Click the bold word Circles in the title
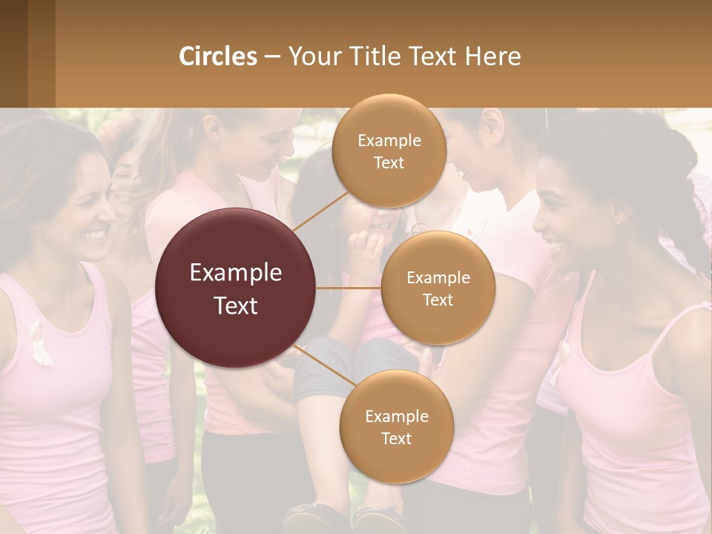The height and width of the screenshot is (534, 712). click(217, 56)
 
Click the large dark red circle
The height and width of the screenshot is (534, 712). click(236, 288)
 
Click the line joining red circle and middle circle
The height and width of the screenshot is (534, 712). click(349, 288)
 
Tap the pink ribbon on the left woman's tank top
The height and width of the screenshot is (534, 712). click(41, 343)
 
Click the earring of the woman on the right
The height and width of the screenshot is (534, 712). click(616, 220)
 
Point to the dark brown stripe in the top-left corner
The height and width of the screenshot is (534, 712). click(13, 53)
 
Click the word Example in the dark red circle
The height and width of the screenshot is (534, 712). click(236, 272)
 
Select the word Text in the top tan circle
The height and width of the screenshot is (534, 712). click(389, 163)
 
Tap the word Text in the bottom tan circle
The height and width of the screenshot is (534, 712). click(396, 439)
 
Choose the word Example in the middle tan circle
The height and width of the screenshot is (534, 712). click(438, 278)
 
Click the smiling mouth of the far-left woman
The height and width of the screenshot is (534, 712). click(93, 235)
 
